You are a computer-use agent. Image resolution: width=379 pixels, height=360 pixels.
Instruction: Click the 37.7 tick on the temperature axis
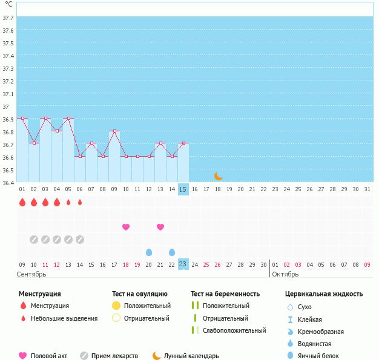7,18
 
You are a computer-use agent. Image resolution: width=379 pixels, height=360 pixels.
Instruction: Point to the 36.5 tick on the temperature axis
7,170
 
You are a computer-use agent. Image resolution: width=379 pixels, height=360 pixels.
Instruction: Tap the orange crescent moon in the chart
219,176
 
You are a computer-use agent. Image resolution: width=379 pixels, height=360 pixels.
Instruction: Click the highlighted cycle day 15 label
183,189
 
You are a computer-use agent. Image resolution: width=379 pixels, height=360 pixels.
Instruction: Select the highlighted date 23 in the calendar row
183,264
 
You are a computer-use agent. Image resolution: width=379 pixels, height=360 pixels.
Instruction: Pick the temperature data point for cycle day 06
80,156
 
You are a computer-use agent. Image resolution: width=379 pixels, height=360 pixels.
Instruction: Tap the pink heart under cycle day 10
126,227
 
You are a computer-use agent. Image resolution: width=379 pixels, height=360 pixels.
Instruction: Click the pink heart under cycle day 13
160,227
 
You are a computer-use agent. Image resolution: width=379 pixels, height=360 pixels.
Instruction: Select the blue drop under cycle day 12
149,252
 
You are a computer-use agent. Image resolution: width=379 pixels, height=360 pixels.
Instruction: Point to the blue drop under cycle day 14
172,252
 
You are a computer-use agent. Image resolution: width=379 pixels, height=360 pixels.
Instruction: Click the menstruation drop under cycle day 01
22,202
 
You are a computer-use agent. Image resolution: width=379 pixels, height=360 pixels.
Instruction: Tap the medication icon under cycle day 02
34,240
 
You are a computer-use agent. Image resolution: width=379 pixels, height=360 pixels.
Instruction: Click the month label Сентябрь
31,274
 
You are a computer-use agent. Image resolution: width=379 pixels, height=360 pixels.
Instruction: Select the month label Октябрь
285,274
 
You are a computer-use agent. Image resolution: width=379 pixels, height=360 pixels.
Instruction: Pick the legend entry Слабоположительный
234,330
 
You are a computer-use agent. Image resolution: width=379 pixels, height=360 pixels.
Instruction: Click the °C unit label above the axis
8,4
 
